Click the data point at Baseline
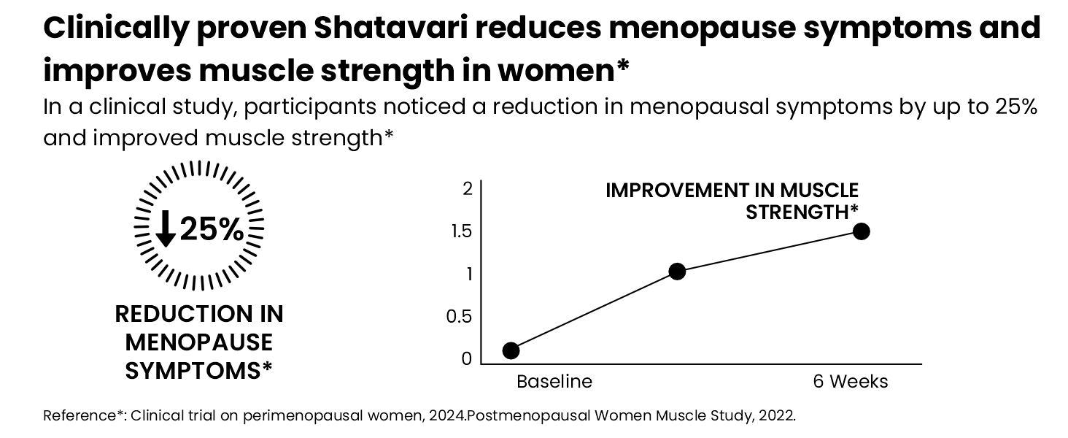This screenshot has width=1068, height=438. click(x=511, y=350)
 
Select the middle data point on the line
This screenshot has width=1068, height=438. click(x=677, y=272)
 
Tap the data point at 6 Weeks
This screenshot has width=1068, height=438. click(x=861, y=231)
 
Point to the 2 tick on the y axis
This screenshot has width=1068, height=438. click(x=467, y=189)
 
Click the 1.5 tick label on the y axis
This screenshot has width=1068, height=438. click(x=461, y=231)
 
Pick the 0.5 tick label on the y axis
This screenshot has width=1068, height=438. click(x=459, y=317)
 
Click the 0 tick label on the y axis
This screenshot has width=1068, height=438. click(x=466, y=359)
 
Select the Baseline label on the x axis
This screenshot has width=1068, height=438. click(x=554, y=382)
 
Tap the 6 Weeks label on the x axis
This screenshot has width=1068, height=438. click(x=851, y=382)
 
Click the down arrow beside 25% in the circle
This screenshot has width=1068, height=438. click(x=165, y=228)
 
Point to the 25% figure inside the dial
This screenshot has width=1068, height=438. click(x=212, y=229)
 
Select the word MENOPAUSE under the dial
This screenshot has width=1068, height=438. click(x=199, y=342)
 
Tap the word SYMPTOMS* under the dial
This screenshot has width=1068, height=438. click(x=199, y=371)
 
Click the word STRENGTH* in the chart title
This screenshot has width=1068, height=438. click(x=802, y=212)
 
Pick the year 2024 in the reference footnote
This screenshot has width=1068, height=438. click(x=447, y=415)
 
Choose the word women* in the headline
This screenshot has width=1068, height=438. click(x=564, y=71)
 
